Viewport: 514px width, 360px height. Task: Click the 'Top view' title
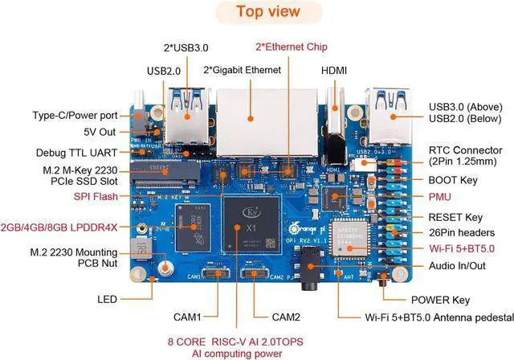(x=268, y=12)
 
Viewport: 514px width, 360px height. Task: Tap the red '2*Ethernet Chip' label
(x=292, y=47)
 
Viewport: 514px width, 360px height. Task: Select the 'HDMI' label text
(x=334, y=71)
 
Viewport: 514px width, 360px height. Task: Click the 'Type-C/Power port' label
(x=74, y=115)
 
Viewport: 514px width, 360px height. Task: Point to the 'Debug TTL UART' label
(x=75, y=152)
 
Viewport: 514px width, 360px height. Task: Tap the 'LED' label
(x=107, y=299)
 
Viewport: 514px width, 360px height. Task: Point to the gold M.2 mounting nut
(x=166, y=269)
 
